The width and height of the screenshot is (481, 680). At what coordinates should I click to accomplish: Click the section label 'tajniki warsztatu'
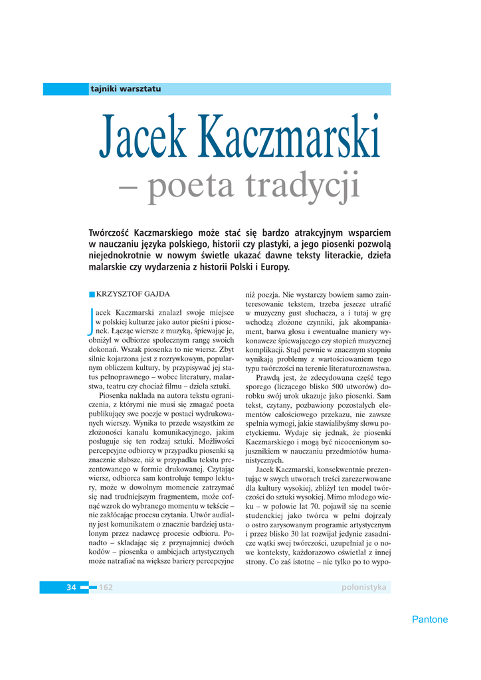(x=126, y=89)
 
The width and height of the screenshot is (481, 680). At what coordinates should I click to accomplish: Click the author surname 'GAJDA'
(x=155, y=293)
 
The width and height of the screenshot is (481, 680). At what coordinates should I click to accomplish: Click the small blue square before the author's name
(x=92, y=294)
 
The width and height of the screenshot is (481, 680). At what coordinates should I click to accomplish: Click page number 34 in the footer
(x=72, y=587)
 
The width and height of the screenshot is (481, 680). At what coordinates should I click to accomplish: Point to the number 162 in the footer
(x=106, y=587)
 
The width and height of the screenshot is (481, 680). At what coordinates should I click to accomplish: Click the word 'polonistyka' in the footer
(x=363, y=587)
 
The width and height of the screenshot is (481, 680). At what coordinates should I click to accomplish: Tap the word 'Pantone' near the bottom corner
(x=430, y=620)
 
